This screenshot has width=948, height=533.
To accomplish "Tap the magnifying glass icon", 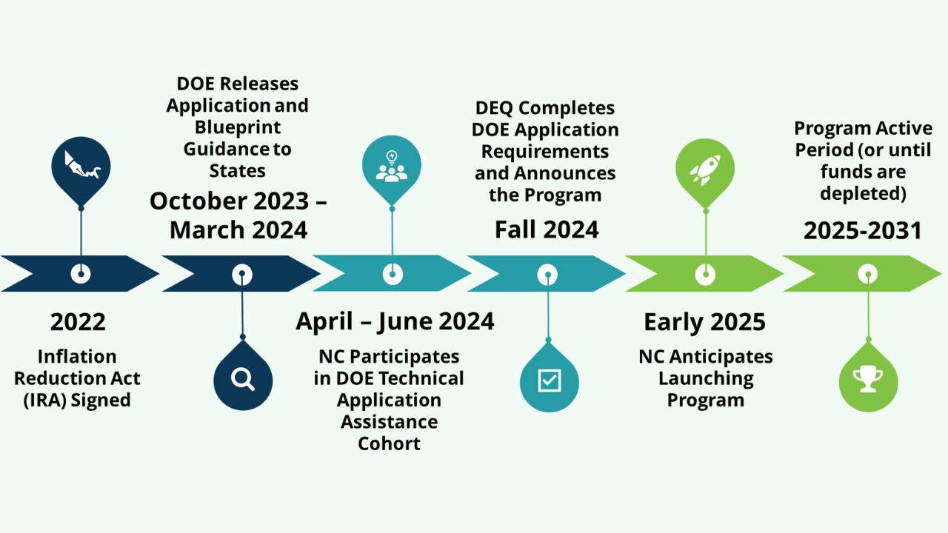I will point(243,379).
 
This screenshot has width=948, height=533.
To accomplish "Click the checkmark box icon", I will point(549,380).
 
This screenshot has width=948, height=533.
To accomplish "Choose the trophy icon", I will point(868,380).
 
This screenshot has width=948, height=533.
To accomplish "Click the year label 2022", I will point(78,322).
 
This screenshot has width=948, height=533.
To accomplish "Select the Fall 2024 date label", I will point(547,230).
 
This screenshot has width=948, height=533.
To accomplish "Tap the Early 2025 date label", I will point(704,322).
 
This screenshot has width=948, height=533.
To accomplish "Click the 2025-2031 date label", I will point(863,231).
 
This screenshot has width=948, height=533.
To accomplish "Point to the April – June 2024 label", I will point(395,321).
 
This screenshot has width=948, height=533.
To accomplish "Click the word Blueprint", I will point(238,127).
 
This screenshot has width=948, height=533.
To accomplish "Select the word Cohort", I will point(389,443).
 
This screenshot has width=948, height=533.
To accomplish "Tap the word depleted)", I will point(863,193).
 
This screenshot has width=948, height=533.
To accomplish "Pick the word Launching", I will point(706,378).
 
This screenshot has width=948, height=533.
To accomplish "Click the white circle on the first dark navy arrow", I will point(81,274).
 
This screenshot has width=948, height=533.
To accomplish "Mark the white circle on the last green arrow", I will point(868,274).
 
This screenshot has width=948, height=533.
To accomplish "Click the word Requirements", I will point(545,152).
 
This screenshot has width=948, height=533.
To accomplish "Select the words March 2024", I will point(238,230).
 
